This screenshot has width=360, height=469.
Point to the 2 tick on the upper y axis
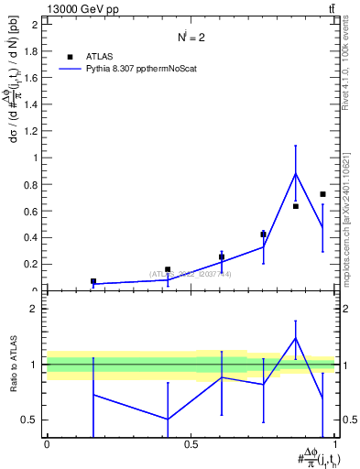[x=37, y=25]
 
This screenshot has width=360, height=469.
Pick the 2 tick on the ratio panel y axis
[x=37, y=309]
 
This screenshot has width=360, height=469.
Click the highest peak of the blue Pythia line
[x=295, y=173]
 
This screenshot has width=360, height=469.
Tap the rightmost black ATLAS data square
[x=322, y=194]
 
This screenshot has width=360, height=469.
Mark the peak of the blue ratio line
[x=295, y=338]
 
